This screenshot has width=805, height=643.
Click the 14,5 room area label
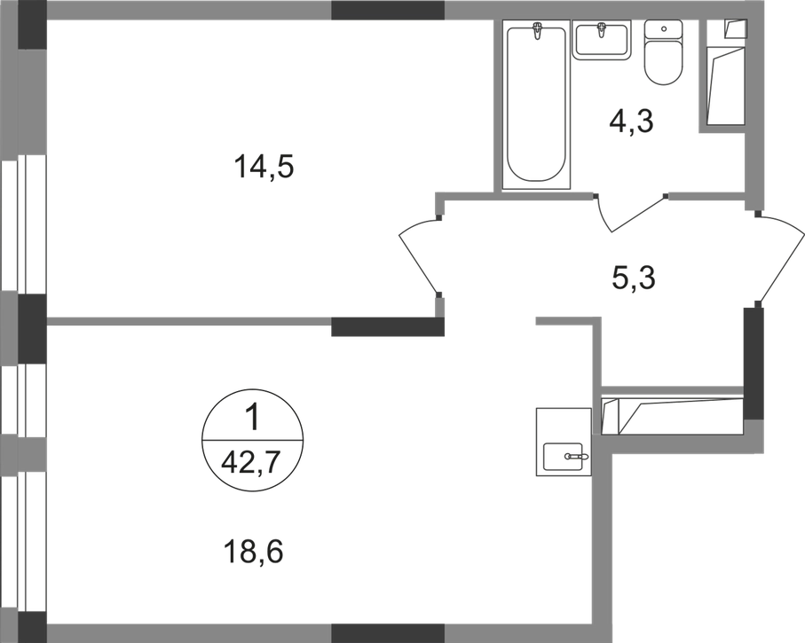264,168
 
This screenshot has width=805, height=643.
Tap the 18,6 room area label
253,553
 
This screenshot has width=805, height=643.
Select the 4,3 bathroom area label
631,122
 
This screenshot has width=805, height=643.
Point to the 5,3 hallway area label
634,278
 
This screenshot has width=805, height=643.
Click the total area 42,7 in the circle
250,463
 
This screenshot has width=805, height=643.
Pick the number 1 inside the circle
251,417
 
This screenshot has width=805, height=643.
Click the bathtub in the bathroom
536,104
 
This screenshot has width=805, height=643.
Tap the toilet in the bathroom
663,51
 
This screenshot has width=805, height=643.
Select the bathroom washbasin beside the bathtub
601,40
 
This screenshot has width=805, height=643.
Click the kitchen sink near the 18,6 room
564,442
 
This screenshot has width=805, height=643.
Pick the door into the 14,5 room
417,255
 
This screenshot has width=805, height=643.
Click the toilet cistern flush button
664,28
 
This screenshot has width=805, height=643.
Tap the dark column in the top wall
388,11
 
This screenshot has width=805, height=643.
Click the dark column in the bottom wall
388,633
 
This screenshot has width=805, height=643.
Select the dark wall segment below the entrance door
754,363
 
